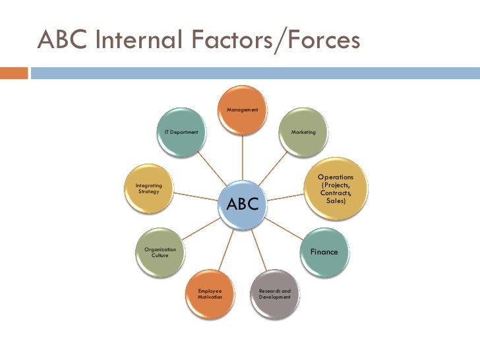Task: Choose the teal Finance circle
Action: pos(324,253)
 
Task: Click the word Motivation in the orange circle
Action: pos(210,298)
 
